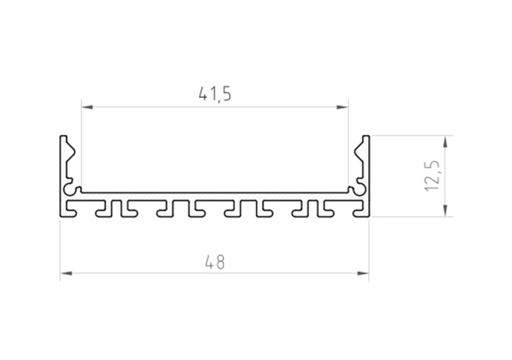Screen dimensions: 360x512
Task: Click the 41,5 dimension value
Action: (214, 94)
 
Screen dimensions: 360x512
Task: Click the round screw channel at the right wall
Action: (360, 189)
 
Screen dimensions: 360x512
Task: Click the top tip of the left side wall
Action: (63, 137)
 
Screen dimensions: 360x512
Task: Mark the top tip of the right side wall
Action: (366, 137)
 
